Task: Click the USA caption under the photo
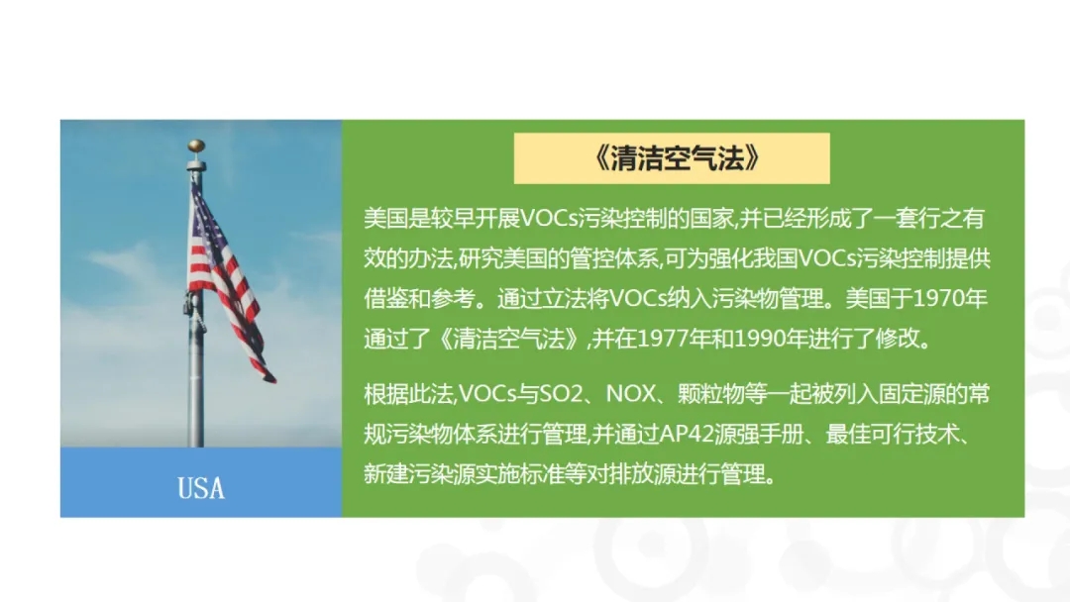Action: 200,488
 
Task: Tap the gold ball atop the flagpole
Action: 196,147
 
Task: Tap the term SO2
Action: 561,394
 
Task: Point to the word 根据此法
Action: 408,394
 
